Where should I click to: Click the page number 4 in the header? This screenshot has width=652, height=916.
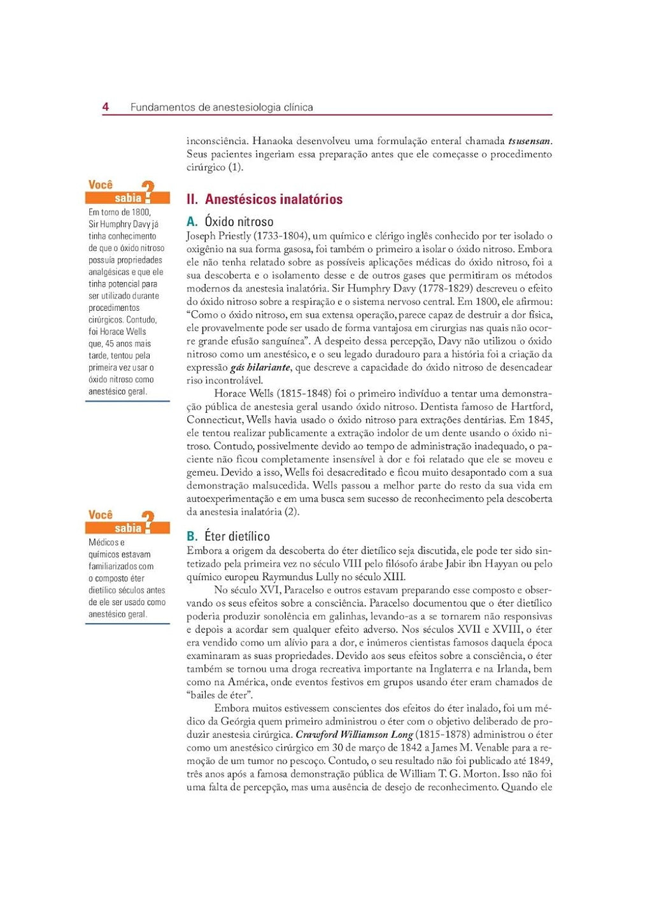106,107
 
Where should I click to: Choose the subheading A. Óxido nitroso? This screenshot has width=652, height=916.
230,222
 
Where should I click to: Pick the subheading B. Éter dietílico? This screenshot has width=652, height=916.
228,536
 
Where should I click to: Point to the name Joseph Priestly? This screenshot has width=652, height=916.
218,236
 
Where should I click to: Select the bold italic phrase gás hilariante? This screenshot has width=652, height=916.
260,368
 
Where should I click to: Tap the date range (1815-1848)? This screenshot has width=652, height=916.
306,394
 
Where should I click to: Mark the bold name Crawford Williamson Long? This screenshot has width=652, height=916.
354,734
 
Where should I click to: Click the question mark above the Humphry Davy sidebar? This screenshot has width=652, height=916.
148,191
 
